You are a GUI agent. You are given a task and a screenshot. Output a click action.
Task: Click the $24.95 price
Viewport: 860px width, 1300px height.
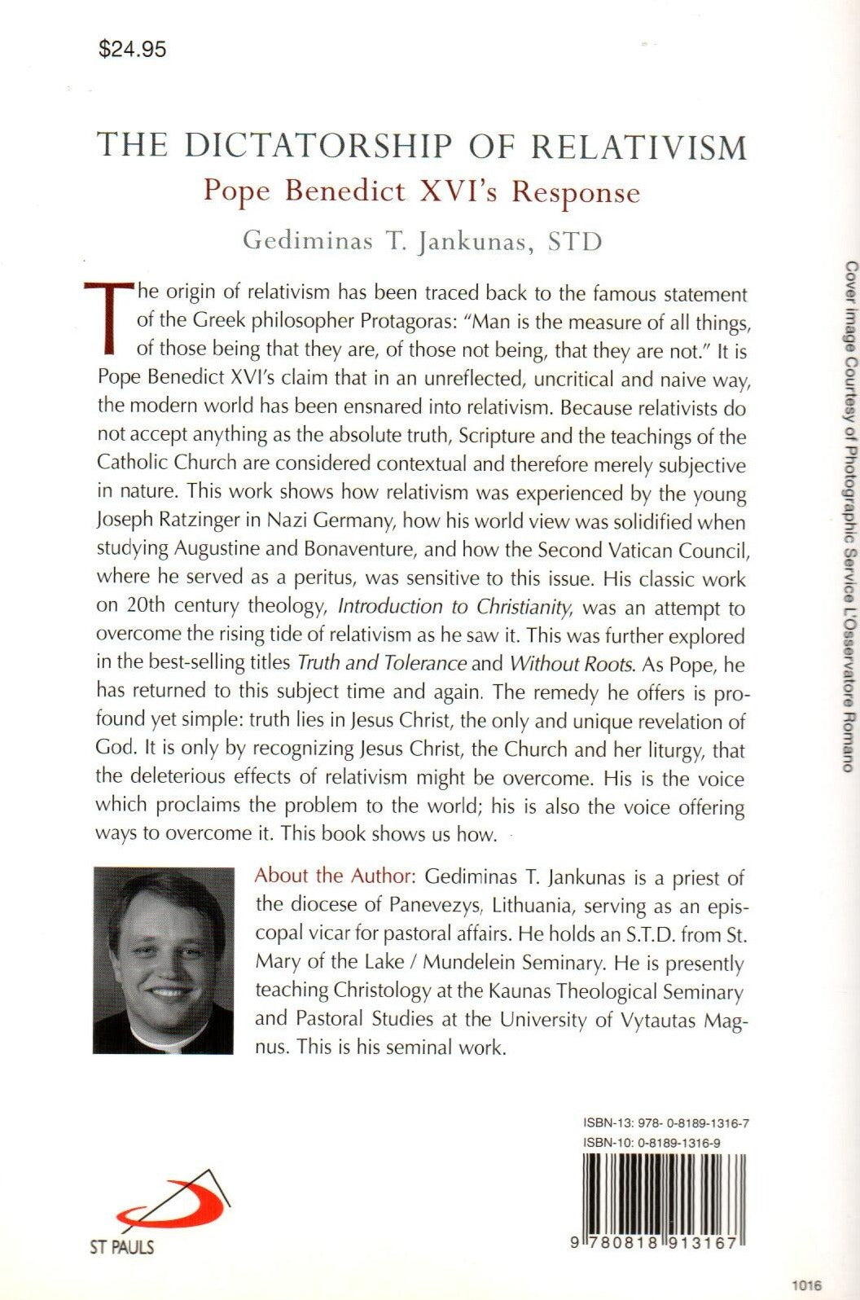point(132,50)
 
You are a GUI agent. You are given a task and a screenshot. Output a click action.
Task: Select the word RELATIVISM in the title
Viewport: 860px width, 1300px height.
point(639,147)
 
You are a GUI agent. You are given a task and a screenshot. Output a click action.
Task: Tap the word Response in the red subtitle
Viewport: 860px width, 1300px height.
point(576,192)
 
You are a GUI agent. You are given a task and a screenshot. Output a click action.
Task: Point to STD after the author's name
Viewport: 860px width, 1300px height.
point(575,242)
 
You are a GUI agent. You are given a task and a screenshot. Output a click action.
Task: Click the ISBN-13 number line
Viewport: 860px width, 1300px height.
point(666,1123)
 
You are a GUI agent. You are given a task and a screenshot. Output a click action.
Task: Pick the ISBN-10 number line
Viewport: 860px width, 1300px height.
point(652,1143)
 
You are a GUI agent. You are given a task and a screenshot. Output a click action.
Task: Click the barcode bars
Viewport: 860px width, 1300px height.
point(665,1192)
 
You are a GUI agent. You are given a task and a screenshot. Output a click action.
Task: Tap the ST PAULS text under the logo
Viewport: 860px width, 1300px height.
point(121,1246)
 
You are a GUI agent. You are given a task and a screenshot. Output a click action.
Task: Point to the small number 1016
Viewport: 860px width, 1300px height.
point(807,1285)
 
